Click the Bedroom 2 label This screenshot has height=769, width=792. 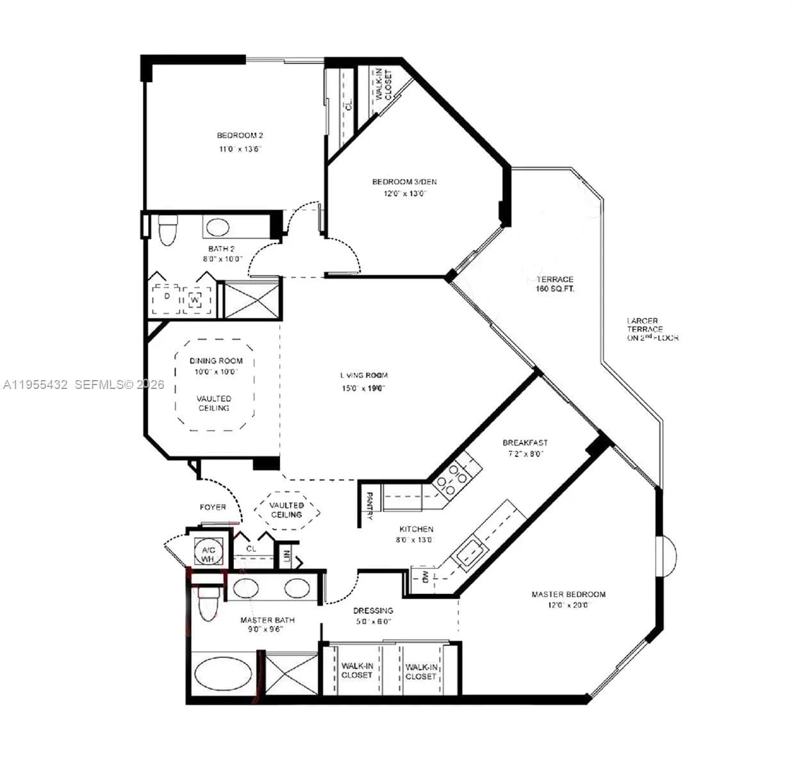[x=240, y=135]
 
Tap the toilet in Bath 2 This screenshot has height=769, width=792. [x=167, y=231]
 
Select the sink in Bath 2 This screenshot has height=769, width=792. [x=217, y=227]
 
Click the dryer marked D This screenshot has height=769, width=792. [x=166, y=298]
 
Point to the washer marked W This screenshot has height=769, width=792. [x=195, y=299]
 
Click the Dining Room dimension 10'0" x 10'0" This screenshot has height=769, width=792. [x=216, y=372]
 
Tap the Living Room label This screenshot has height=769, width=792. [x=363, y=376]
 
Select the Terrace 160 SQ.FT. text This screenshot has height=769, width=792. [x=555, y=284]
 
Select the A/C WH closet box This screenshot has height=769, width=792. [x=208, y=554]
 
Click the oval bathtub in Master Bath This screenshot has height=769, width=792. [x=223, y=674]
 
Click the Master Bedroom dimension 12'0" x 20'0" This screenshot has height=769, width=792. [x=568, y=605]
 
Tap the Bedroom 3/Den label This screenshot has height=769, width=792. [x=404, y=182]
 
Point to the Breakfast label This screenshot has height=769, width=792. [x=525, y=443]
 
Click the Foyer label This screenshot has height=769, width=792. [x=213, y=508]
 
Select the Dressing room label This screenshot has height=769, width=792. [x=373, y=611]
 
